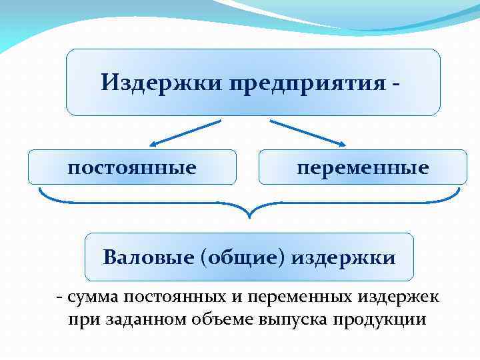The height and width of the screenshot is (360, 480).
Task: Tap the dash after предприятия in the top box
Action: click(397, 83)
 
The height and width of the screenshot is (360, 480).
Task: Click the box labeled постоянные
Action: click(132, 167)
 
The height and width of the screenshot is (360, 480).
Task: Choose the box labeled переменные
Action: click(363, 167)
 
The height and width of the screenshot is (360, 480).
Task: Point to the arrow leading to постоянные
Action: click(185, 132)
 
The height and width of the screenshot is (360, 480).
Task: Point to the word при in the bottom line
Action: click(83, 319)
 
